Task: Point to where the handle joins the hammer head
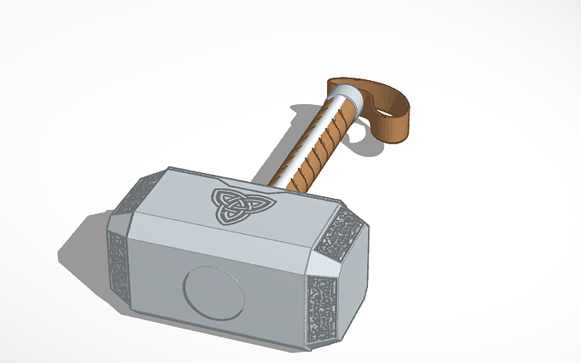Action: click(268, 183)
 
